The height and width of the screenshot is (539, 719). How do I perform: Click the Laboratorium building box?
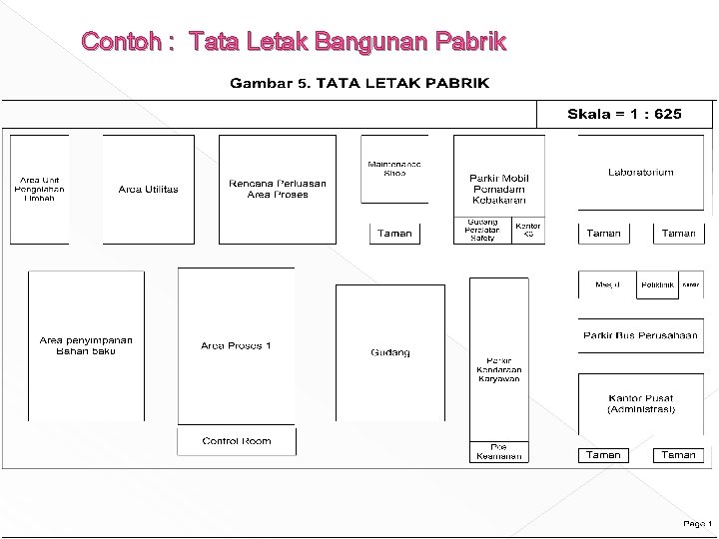coord(640,174)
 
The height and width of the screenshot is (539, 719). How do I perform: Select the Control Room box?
coord(237,441)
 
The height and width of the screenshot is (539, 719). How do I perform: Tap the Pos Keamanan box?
coord(498,452)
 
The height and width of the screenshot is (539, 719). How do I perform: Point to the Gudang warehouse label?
coord(390,352)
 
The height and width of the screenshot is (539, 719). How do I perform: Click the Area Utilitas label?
coord(148,190)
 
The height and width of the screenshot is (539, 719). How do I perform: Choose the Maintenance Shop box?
coord(394,169)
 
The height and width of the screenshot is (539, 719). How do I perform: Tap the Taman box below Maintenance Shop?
coord(395,234)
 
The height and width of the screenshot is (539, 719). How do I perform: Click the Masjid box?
coord(607,284)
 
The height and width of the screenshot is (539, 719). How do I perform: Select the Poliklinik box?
coord(657,284)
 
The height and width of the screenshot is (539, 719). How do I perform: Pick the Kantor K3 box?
coord(528,231)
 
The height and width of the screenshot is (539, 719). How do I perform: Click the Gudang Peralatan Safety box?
coord(482,231)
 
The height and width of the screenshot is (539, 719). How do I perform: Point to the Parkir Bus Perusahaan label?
coord(640,335)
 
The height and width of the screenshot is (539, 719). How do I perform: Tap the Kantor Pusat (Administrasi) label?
coord(640,403)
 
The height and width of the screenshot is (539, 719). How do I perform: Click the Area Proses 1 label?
coord(236,346)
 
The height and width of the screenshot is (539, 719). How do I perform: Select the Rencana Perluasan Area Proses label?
coord(278,189)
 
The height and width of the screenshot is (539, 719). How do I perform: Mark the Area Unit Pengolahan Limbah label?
coord(39,189)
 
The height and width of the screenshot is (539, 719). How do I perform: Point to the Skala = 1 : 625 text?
coord(624,114)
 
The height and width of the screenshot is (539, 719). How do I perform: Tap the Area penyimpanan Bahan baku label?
coord(86,345)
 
